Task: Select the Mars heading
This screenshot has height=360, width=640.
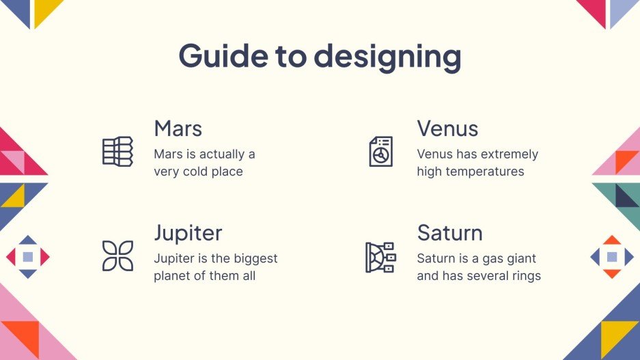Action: [x=178, y=128]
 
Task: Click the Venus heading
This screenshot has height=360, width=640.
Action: [x=447, y=128]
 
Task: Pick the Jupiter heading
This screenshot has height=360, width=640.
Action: [x=188, y=233]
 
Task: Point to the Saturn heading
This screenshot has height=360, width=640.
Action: [x=449, y=233]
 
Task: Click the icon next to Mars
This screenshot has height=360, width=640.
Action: [x=117, y=151]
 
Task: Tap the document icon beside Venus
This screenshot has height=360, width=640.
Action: [x=380, y=151]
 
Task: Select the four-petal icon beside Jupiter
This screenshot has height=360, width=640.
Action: [x=117, y=255]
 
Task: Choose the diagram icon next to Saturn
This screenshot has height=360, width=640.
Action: [x=380, y=256]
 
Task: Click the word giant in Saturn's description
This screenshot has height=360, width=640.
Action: [x=520, y=259]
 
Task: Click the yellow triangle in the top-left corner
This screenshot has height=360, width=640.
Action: [x=45, y=10]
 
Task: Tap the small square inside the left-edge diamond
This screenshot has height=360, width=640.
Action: [x=28, y=257]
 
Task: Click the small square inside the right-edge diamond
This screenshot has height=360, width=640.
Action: [x=612, y=257]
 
